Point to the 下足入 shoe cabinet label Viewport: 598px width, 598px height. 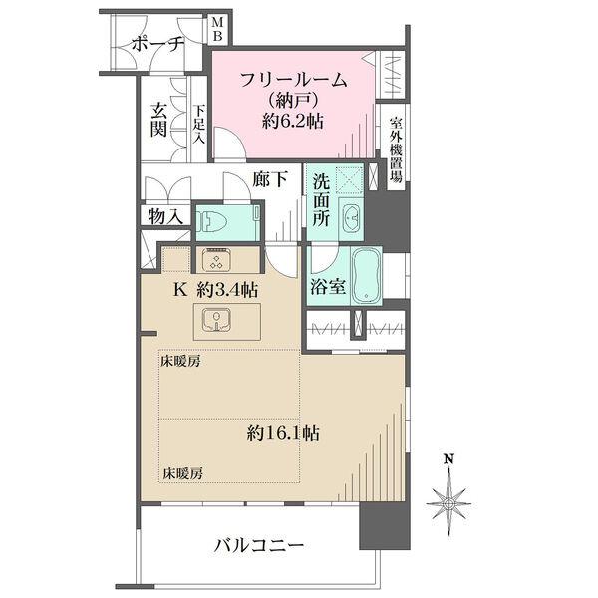tap(198, 125)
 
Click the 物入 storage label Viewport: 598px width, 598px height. tap(164, 215)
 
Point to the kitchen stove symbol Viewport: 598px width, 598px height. tap(218, 260)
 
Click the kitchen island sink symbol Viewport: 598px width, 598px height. tap(217, 321)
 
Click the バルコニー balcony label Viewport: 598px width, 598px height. tap(258, 546)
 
